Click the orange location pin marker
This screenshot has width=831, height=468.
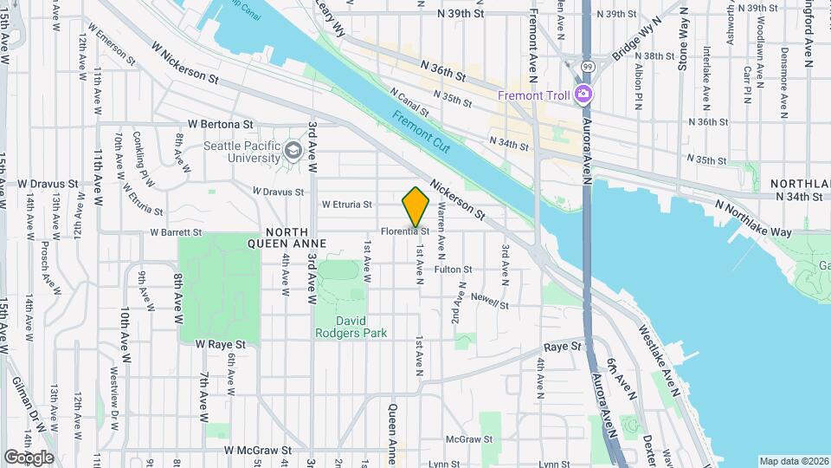pos(416,208)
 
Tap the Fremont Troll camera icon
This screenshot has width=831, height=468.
pos(585,94)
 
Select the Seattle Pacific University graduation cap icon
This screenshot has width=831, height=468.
pos(293,153)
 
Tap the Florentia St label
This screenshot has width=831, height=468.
pos(406,232)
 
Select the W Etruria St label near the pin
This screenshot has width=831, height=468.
pos(346,205)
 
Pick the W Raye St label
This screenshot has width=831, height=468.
pos(220,344)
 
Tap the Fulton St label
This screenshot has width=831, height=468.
pos(453,270)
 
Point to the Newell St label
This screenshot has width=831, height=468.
pos(489,300)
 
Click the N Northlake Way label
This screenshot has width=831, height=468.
pos(753,219)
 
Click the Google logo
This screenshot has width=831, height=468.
pos(29,457)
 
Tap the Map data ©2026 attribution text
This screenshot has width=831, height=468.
pos(793,461)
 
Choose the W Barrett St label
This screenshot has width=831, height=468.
pos(176,232)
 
